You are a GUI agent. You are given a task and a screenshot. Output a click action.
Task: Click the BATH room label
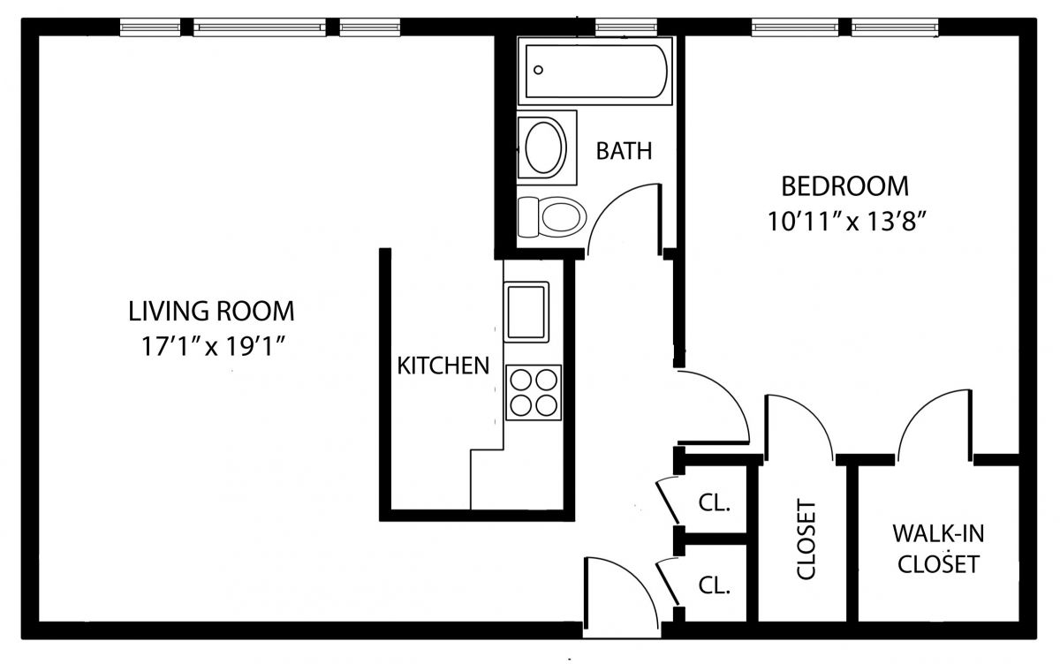coord(624,151)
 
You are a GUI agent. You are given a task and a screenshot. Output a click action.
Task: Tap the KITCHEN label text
coord(443,366)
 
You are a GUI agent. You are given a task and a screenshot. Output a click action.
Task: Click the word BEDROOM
coord(844,186)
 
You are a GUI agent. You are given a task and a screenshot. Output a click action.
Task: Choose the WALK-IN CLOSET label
coord(938,548)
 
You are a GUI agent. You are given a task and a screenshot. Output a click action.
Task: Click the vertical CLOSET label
coord(806,539)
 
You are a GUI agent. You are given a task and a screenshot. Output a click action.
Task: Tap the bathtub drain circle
coord(538,70)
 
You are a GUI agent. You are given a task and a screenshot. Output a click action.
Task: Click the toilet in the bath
coord(552,217)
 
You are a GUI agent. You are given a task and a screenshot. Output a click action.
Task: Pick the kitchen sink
coord(526,313)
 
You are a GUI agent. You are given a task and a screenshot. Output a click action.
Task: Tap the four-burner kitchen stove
coord(534,393)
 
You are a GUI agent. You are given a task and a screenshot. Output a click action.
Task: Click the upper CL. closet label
coord(715,503)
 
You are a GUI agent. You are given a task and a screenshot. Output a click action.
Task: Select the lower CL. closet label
coord(715,586)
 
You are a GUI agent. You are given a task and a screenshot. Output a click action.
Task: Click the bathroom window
coord(626,27)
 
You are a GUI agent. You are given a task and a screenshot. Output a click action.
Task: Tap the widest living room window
coord(260,27)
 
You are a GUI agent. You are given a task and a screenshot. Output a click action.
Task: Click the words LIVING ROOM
coord(211,311)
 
